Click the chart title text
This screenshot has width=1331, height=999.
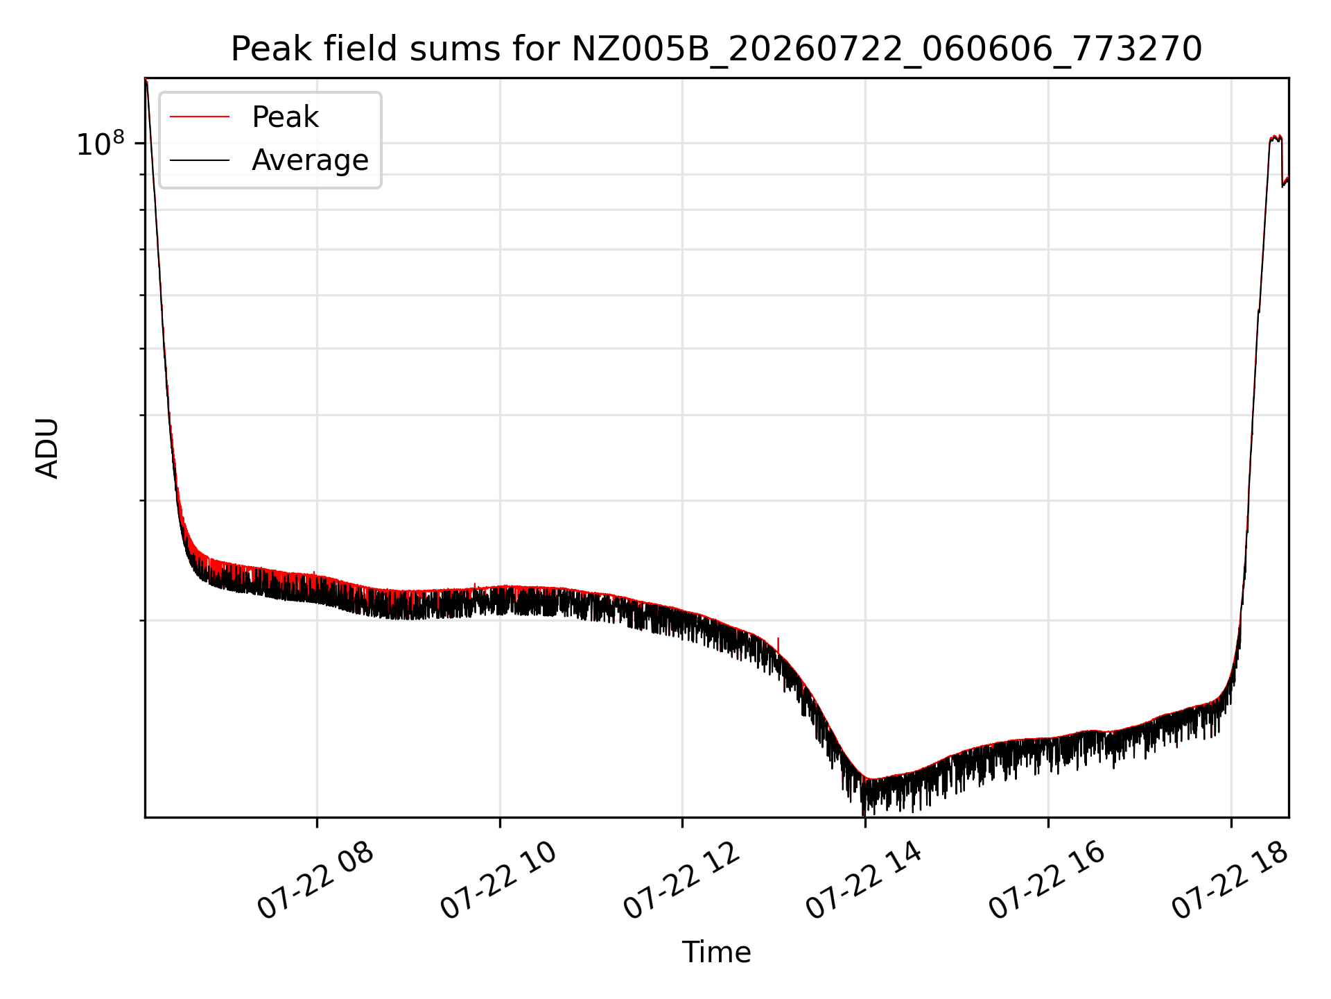coord(716,49)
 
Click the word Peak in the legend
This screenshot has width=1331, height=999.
coord(285,117)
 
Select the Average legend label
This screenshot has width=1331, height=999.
coord(310,160)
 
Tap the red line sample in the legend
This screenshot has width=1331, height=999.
coord(200,117)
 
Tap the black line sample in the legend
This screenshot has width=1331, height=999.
coord(200,160)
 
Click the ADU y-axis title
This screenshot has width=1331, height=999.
coord(47,448)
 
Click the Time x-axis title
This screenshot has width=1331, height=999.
coord(716,953)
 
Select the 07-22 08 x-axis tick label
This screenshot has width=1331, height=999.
coord(315,882)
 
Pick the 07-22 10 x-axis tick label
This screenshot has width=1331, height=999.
coord(498,882)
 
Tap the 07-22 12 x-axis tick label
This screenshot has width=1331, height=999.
coord(681,882)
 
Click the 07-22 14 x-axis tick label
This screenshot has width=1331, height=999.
coord(864,882)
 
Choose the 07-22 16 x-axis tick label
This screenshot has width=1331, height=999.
coord(1047,882)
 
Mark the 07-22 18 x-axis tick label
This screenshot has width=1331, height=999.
coord(1230,882)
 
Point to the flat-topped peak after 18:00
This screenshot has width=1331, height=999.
coord(1276,138)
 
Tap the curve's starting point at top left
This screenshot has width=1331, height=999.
coord(146,80)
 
